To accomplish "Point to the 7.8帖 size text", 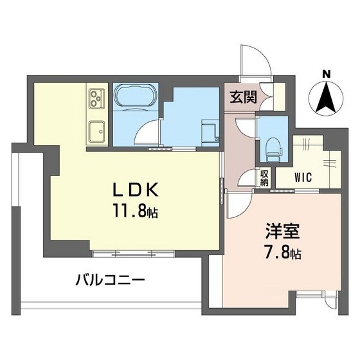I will pos(280,252).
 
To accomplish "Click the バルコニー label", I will pos(110,281).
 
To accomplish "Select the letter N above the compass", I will pos(326,75).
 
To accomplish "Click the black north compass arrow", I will pos(326,98).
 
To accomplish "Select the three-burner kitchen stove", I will pos(98,98).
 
